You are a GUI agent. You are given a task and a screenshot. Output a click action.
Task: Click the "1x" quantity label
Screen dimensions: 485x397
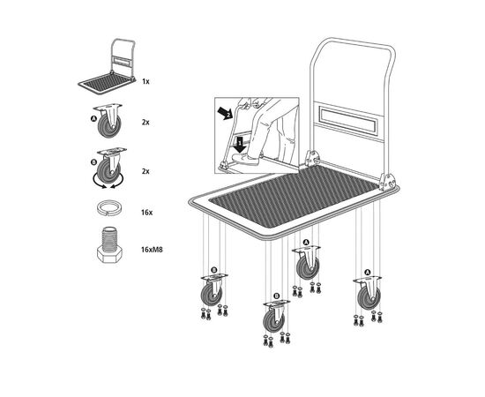click(x=145, y=82)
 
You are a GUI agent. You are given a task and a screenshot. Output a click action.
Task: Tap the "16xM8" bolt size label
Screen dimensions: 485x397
click(x=152, y=250)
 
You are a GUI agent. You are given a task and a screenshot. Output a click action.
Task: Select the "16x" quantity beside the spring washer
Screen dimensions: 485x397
click(x=146, y=213)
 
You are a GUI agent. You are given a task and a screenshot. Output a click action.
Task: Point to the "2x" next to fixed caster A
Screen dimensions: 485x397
click(x=145, y=123)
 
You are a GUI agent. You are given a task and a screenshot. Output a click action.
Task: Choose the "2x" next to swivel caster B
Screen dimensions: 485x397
click(x=145, y=171)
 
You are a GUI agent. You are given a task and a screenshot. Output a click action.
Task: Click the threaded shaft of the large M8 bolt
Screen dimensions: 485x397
click(x=109, y=238)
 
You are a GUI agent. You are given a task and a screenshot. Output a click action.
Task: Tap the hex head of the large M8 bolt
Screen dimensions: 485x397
click(x=109, y=256)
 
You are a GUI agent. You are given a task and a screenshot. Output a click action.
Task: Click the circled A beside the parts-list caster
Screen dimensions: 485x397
click(x=93, y=118)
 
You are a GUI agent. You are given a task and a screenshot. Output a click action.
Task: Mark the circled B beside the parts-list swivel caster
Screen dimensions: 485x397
click(x=94, y=162)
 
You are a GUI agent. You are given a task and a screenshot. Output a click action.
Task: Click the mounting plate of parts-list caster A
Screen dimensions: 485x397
click(x=108, y=107)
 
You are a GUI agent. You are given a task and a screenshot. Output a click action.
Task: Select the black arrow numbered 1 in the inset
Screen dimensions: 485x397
click(x=239, y=145)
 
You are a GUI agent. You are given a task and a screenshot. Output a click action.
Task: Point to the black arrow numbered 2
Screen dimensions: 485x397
click(x=225, y=114)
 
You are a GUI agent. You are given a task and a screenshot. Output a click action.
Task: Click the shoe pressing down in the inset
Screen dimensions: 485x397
click(x=244, y=160)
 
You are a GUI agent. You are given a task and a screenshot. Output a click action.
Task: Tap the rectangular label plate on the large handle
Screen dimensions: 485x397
click(x=348, y=119)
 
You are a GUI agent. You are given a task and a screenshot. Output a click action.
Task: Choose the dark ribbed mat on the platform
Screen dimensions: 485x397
click(x=294, y=197)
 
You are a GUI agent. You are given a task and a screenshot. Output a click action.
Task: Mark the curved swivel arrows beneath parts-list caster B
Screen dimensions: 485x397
click(x=108, y=183)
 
